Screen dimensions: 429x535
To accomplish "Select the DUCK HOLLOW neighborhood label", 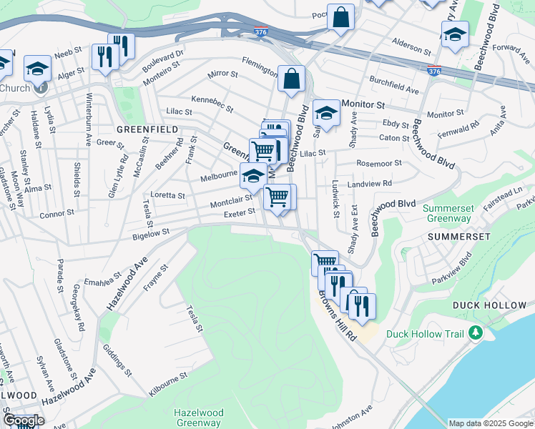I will point(489,305).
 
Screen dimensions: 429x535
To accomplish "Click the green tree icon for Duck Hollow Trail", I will point(474,333).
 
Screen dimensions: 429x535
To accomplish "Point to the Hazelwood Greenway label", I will point(198,418).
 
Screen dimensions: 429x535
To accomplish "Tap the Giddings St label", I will point(118,361).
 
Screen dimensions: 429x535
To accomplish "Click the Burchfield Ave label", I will point(393,84).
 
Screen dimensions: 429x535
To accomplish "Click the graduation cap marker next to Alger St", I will point(38,69).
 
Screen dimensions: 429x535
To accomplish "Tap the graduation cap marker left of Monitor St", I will point(326,114).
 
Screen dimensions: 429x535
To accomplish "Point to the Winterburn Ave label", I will point(91,115).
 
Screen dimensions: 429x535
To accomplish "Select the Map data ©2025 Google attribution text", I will point(491,423).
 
